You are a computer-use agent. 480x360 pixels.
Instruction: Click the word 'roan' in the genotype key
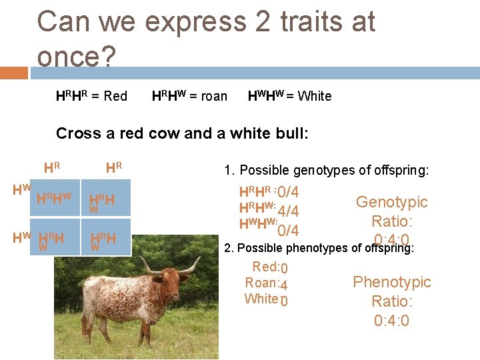pos(213,96)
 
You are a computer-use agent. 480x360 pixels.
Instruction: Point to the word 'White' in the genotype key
pos(315,96)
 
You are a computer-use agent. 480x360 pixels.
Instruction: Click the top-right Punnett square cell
pos(105,199)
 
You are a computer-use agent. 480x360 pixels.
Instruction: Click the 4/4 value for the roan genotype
pos(287,211)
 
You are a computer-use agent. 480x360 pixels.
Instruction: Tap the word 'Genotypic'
pos(391,202)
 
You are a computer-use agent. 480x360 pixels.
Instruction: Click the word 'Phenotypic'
pos(391,282)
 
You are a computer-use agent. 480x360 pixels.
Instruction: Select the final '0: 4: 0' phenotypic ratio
pos(391,321)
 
